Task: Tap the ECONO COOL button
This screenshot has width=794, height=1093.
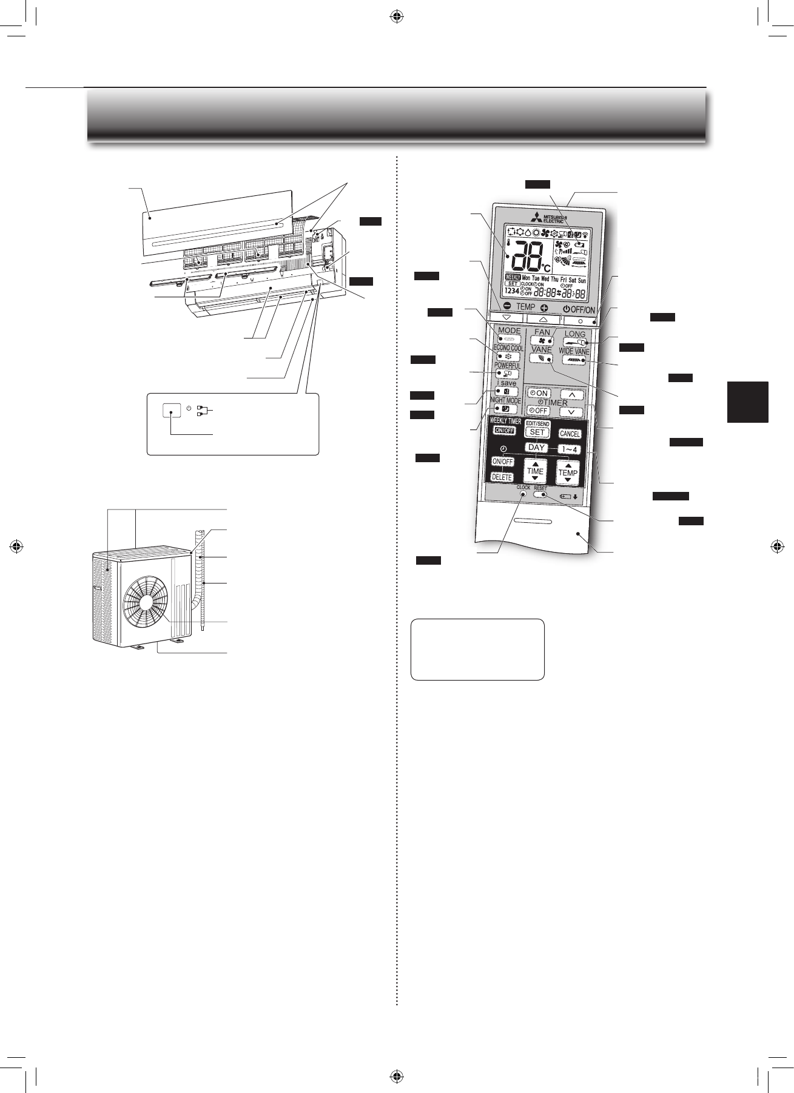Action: click(507, 357)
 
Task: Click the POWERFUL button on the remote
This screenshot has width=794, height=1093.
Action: click(507, 374)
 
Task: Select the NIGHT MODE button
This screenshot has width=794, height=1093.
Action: click(505, 409)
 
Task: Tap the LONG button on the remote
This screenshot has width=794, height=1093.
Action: click(574, 342)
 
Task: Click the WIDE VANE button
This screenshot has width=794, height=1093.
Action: click(573, 360)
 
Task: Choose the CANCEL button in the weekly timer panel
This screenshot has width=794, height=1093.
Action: click(569, 434)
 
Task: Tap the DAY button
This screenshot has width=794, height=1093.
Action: click(536, 448)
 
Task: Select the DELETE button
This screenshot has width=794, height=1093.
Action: click(502, 477)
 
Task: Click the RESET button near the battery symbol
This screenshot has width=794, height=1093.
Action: click(540, 495)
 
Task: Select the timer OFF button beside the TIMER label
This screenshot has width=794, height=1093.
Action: click(538, 411)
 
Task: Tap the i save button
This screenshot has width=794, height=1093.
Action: click(506, 392)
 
